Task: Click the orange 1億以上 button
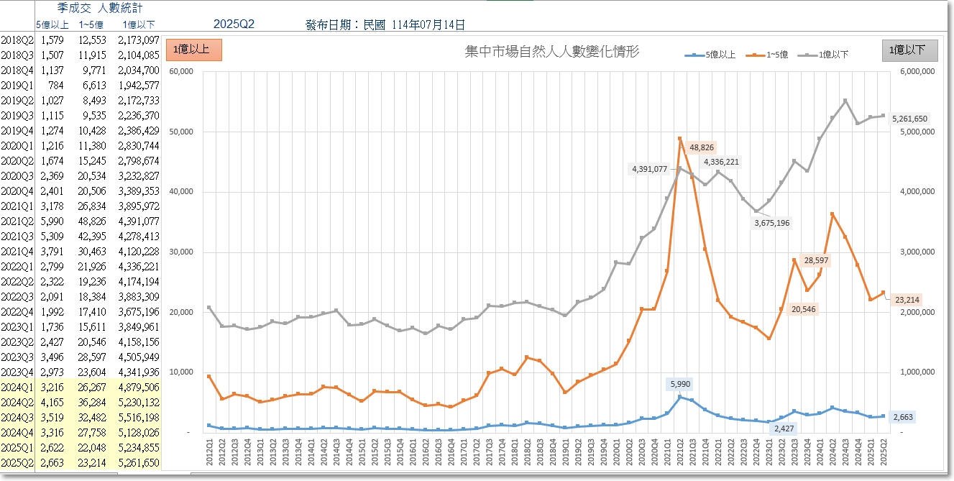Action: (194, 50)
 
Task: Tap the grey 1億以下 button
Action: (909, 50)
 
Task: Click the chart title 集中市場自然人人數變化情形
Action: (552, 52)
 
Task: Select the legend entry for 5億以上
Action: (710, 55)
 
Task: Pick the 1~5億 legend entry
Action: (767, 55)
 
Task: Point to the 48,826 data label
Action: (702, 147)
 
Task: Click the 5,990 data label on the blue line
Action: (680, 384)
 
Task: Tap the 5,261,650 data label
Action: (909, 119)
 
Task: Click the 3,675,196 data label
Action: (771, 223)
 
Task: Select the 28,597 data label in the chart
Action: (816, 260)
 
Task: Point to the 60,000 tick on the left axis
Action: (181, 71)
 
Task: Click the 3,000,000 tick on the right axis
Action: (917, 252)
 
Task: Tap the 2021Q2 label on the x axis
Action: (680, 452)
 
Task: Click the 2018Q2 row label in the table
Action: (17, 40)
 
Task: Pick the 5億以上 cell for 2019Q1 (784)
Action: (56, 86)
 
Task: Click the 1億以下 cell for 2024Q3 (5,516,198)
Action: (139, 418)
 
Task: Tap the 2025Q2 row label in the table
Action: (17, 463)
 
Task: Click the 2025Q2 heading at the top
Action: (234, 24)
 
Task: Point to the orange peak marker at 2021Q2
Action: (679, 139)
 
